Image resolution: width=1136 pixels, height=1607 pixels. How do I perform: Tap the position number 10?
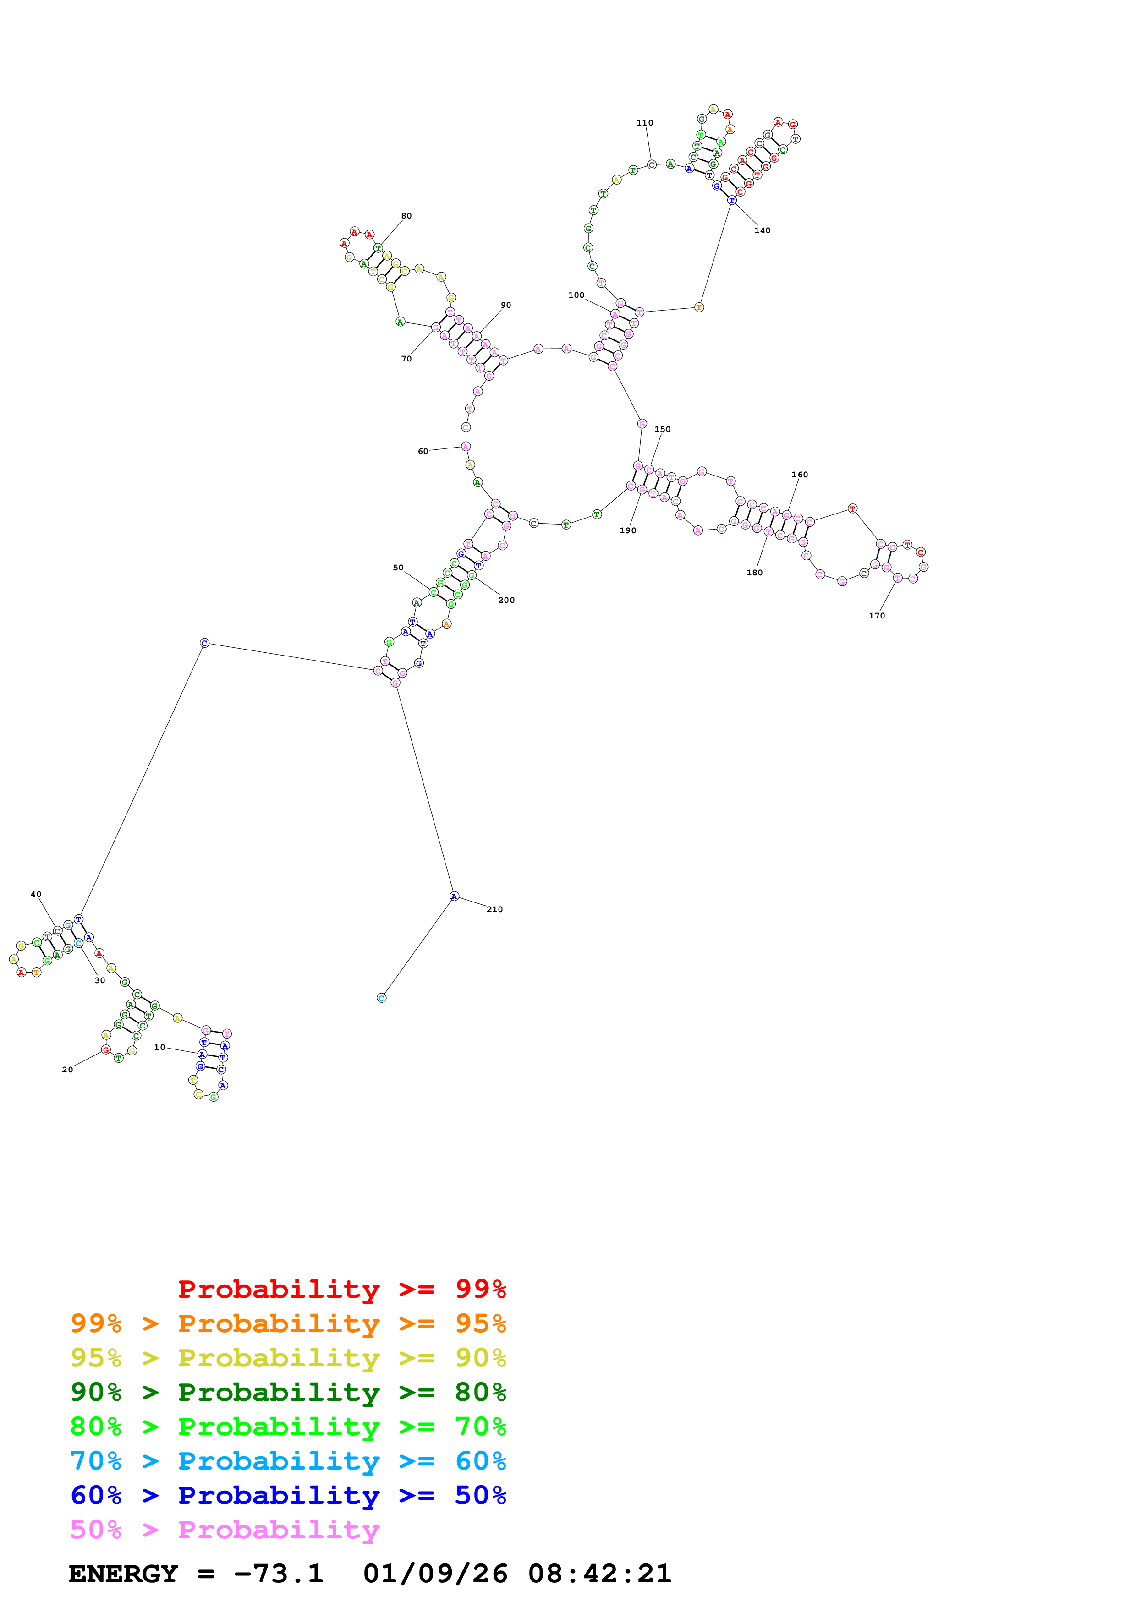coord(159,1047)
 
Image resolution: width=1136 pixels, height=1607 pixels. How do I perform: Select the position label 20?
coord(67,1070)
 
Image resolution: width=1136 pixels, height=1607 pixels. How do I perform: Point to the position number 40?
coord(36,895)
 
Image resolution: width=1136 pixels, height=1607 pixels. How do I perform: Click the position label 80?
coord(406,216)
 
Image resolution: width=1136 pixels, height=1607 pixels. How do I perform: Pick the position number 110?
coord(645,122)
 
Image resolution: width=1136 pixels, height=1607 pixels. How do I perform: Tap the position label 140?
coord(762,230)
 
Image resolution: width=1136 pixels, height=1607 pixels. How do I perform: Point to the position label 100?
coord(576,295)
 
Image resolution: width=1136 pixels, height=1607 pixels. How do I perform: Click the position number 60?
coord(423,451)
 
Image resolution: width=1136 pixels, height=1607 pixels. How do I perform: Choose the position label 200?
coord(506,600)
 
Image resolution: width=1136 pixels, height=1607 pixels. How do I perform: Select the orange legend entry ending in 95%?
coord(288,1323)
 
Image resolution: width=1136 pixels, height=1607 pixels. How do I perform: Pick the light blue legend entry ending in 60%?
coord(288,1461)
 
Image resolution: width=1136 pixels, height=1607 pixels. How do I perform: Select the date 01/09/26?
coord(435,1574)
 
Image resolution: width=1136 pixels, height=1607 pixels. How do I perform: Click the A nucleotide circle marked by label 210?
coord(454,896)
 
